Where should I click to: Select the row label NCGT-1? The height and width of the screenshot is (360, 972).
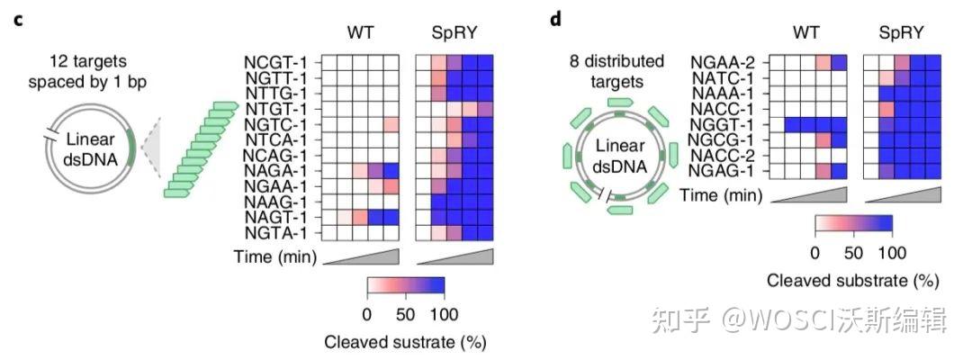275,62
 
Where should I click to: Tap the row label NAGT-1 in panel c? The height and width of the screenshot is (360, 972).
275,217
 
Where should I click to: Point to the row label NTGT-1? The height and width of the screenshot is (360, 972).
275,109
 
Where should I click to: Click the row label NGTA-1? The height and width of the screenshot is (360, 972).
275,232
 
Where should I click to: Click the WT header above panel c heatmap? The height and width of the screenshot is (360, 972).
362,33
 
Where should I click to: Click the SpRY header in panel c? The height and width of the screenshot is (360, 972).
454,33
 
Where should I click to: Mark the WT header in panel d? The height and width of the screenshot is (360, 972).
806,33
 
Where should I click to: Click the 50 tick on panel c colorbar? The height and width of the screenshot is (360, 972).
406,314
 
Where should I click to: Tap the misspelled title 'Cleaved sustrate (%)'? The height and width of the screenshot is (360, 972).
406,342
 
